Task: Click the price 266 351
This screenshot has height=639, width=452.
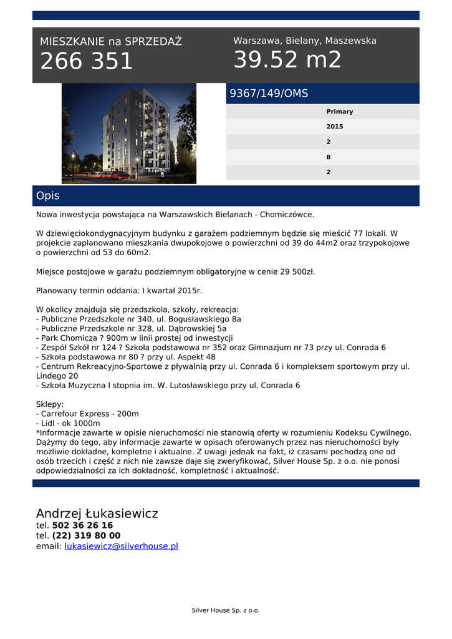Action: point(87,61)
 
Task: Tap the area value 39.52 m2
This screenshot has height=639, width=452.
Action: point(287,60)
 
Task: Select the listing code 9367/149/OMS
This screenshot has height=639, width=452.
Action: point(269,94)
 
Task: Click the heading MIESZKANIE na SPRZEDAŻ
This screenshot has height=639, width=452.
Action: point(111,42)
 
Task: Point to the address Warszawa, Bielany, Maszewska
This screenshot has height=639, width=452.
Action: point(305,41)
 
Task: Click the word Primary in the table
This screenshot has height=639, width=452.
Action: point(339,112)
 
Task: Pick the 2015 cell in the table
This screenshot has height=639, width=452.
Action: point(335,127)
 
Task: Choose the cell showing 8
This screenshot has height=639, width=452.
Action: point(329,157)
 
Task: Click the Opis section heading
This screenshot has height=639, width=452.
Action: point(48,196)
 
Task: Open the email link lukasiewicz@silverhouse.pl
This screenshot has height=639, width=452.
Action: point(121,546)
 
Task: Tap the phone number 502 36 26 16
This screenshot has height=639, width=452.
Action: point(82,525)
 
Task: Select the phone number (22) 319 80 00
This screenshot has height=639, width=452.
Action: point(86,535)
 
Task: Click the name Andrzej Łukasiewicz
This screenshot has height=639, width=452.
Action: point(97,514)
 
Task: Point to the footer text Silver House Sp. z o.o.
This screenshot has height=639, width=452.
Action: point(226,610)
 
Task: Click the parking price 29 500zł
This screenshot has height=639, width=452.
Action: point(293,272)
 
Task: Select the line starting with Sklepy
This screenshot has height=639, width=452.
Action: point(50,404)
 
